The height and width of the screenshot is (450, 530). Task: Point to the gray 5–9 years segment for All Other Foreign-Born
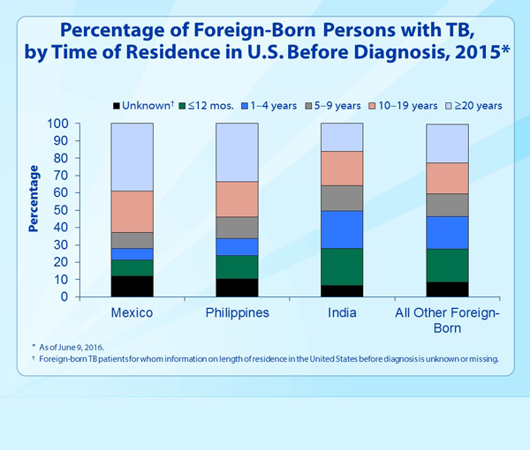447,205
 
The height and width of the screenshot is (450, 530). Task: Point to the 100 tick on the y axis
58,124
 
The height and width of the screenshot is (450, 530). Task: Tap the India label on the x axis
342,313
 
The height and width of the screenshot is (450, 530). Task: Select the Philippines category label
238,313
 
